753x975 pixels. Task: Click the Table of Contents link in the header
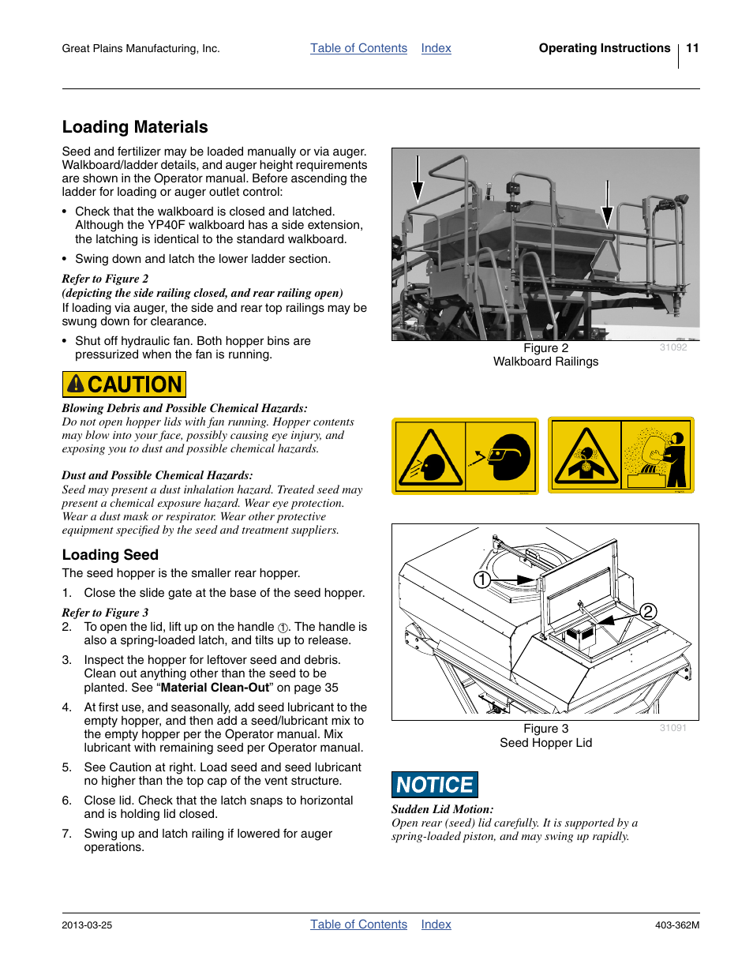click(x=358, y=48)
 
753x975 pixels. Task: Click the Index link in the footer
click(x=436, y=924)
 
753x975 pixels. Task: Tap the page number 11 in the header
click(x=692, y=48)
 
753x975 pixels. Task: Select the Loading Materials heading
click(x=135, y=127)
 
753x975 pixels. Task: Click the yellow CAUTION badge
click(x=124, y=384)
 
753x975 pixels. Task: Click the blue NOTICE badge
click(x=434, y=785)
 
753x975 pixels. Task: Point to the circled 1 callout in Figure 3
click(x=481, y=580)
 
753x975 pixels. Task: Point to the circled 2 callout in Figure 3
click(x=648, y=612)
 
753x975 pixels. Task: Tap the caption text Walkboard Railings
click(x=545, y=362)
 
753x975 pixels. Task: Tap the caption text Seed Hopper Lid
click(x=545, y=743)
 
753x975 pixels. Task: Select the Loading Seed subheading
click(x=111, y=555)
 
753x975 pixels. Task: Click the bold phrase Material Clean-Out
click(x=215, y=688)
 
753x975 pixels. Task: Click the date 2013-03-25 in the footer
click(x=87, y=925)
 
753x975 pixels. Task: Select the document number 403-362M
click(x=676, y=925)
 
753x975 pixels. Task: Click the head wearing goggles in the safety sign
click(x=508, y=456)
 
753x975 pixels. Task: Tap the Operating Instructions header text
click(x=604, y=48)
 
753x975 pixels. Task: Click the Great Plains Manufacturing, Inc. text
click(x=140, y=49)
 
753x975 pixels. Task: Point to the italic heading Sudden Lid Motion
click(x=442, y=809)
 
